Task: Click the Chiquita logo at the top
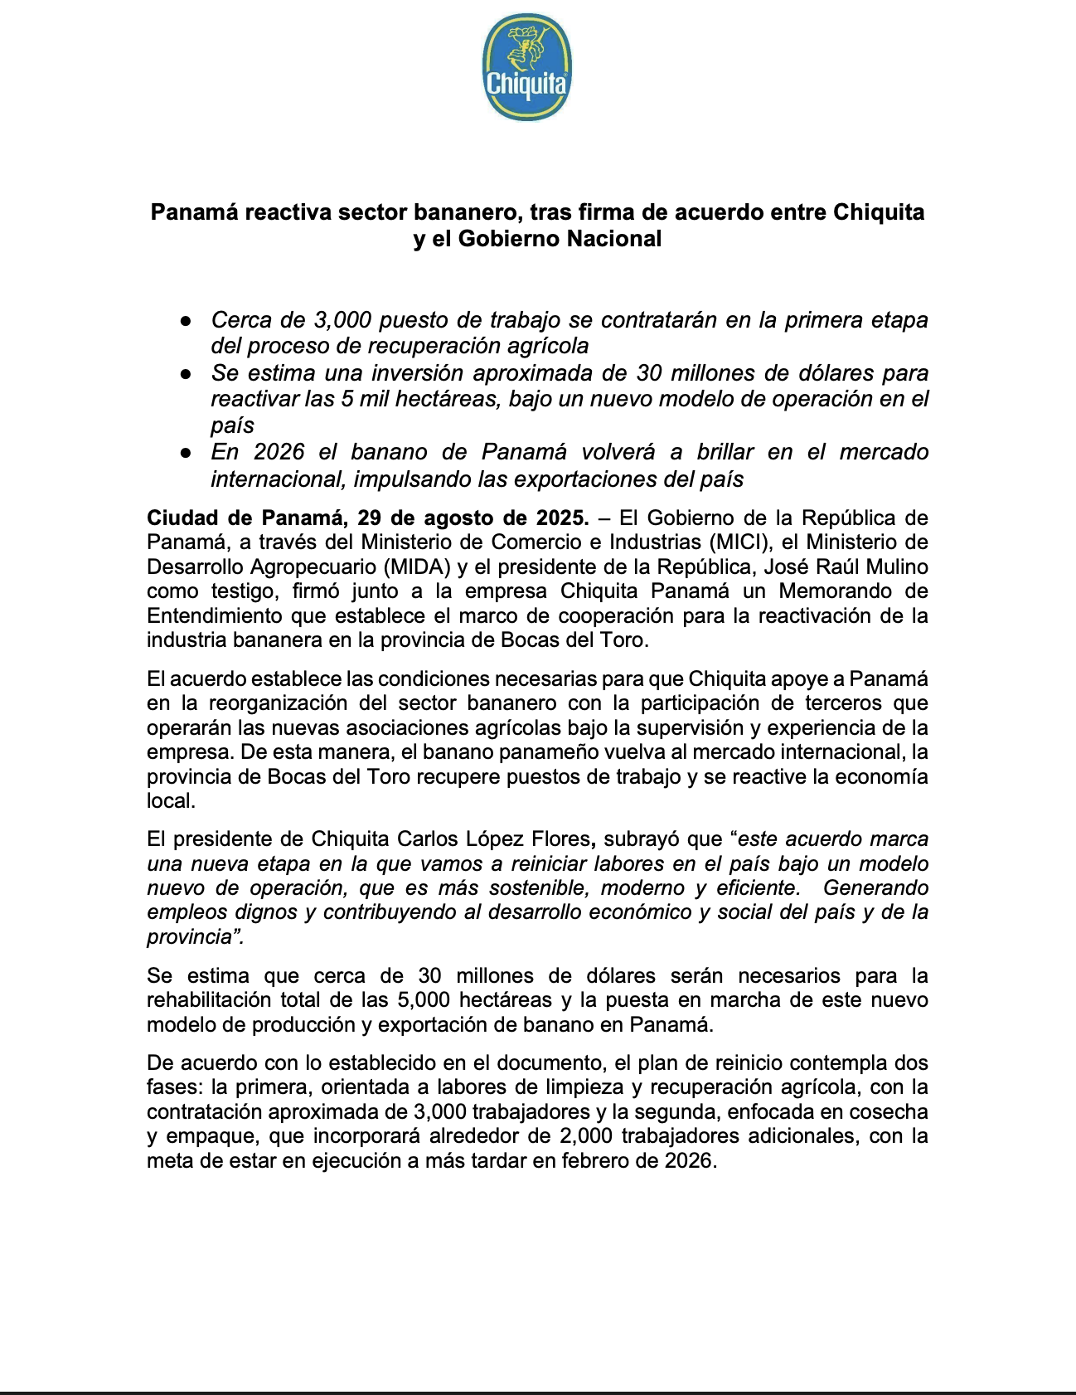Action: click(x=526, y=67)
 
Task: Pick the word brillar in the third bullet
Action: click(x=725, y=452)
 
